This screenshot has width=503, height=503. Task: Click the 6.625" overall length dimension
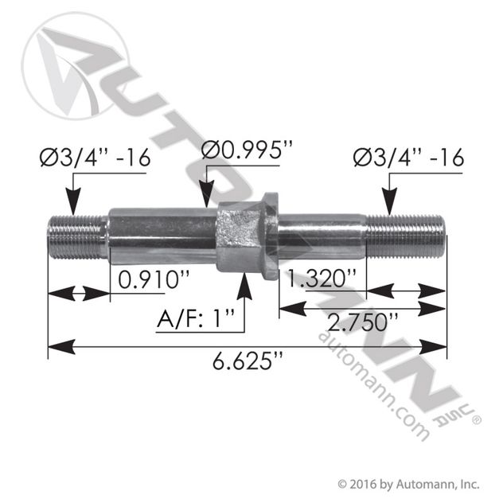[248, 367]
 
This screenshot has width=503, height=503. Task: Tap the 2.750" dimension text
[361, 322]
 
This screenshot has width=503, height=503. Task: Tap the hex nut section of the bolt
[240, 236]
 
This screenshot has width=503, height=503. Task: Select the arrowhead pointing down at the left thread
[94, 202]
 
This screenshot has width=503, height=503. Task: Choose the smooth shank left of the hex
[163, 236]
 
